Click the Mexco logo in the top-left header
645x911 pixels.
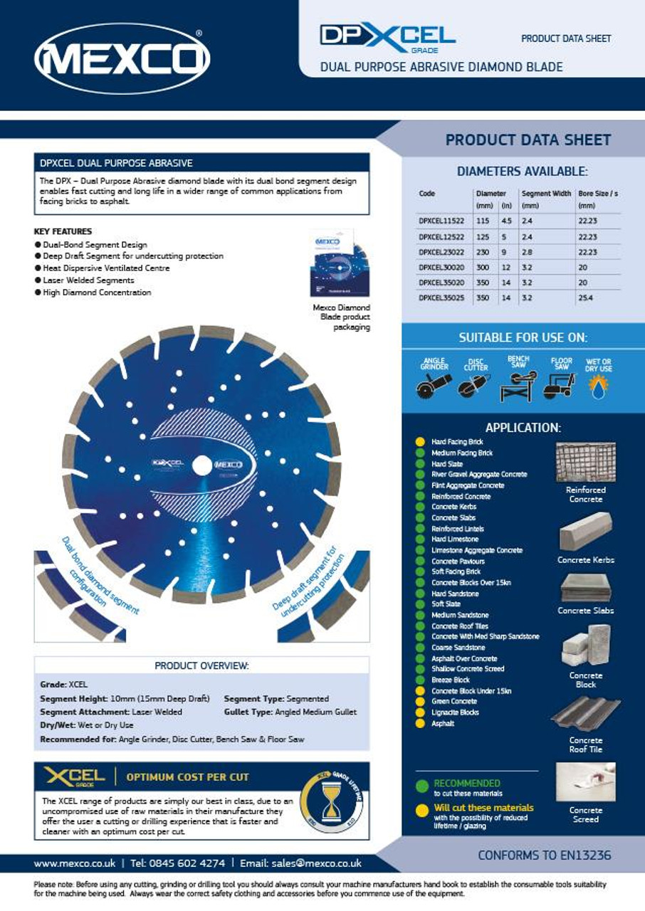click(122, 58)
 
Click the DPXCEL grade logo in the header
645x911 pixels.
click(387, 36)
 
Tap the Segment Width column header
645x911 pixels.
click(546, 194)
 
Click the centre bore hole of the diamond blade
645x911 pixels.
click(202, 465)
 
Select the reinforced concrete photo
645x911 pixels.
click(585, 462)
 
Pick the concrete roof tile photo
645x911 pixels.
click(585, 714)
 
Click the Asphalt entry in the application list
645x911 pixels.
click(442, 723)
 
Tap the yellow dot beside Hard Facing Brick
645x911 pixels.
click(420, 442)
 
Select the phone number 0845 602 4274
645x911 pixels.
click(187, 863)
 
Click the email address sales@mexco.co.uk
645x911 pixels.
click(316, 863)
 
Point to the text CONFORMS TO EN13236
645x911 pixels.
click(544, 855)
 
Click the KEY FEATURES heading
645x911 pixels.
click(63, 231)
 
